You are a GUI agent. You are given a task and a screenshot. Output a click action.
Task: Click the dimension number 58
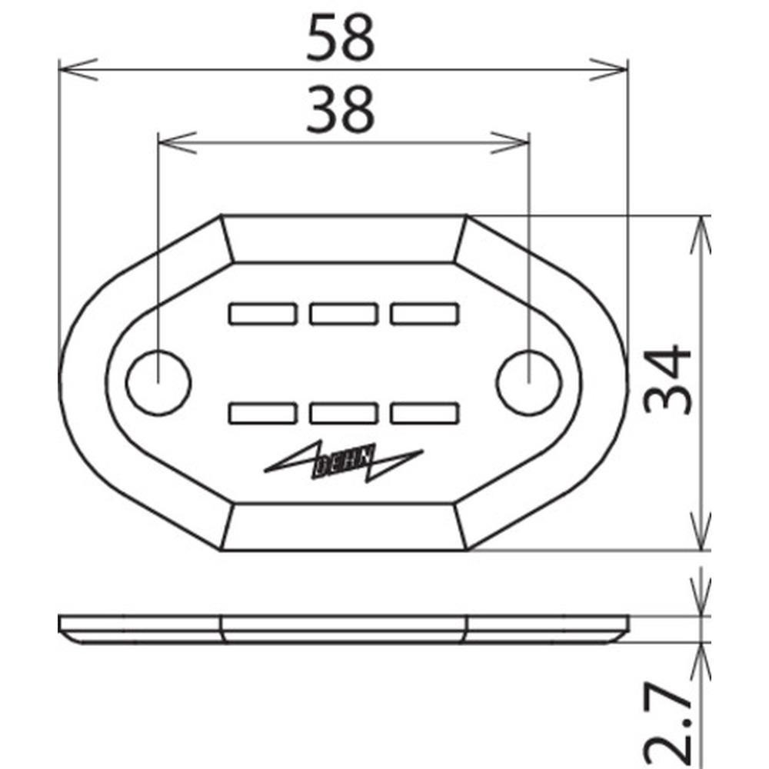(x=341, y=38)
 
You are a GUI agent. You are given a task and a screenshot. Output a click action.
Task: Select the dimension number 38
(x=341, y=109)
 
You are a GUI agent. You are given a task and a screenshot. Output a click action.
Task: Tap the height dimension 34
(x=667, y=379)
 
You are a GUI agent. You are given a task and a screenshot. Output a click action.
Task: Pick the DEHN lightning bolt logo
(x=344, y=461)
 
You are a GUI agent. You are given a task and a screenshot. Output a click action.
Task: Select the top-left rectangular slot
(x=263, y=314)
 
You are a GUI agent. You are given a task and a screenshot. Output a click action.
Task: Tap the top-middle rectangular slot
(x=344, y=314)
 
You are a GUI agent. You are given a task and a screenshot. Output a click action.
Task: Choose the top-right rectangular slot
(x=424, y=314)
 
